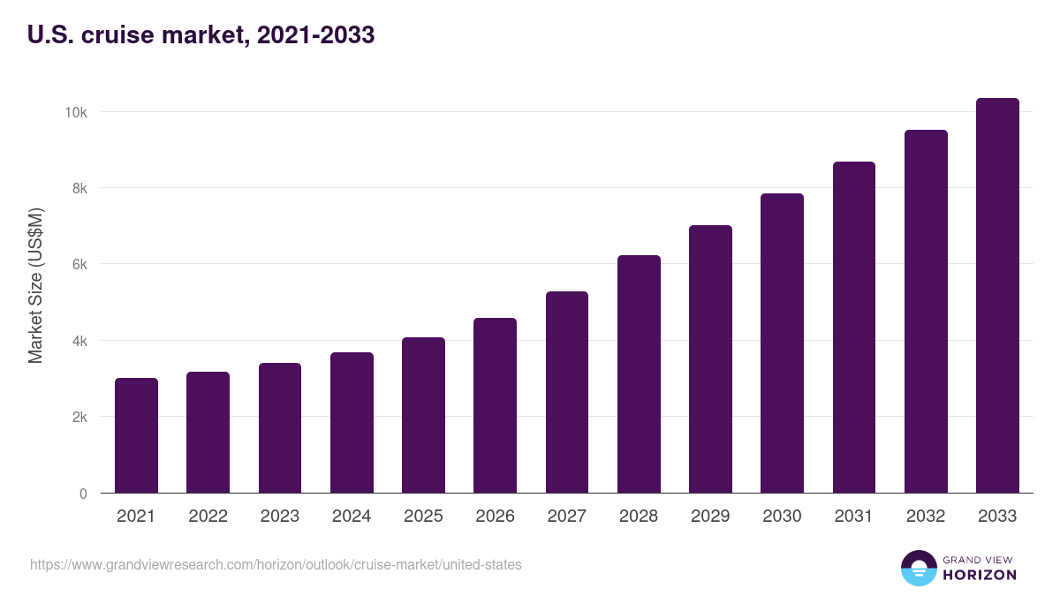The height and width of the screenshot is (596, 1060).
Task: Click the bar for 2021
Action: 136,435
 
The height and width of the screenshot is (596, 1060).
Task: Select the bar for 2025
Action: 423,415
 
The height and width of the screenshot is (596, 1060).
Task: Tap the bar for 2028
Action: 639,373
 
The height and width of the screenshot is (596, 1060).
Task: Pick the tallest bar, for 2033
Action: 997,295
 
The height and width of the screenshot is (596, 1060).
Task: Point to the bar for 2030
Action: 782,343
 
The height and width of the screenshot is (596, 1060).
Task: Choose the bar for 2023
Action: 280,427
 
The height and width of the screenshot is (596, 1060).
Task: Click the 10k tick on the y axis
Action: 75,112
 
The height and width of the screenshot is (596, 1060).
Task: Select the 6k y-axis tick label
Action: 79,264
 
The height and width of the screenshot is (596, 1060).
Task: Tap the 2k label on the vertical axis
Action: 79,417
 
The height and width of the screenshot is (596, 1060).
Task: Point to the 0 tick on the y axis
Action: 83,494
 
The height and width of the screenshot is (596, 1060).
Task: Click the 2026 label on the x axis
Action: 495,517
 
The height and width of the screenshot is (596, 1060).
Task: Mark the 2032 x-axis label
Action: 926,517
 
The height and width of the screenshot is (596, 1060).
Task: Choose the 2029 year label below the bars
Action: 710,517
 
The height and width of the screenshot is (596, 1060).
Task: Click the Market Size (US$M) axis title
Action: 35,285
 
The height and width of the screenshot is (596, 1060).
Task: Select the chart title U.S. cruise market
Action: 201,35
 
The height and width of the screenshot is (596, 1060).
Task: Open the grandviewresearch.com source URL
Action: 276,564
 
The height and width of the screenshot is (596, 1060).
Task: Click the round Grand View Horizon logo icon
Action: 918,568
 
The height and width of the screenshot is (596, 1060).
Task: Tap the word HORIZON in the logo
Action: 980,575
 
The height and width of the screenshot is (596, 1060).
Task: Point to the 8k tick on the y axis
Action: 79,188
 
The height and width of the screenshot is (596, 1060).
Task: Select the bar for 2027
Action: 567,392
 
